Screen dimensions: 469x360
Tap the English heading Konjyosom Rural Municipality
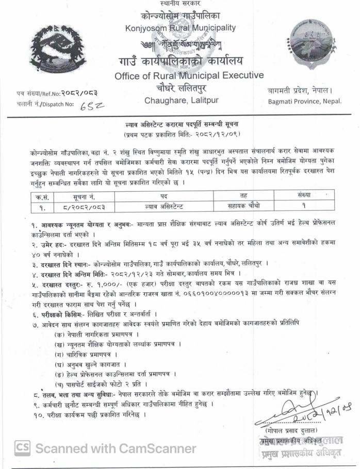(180, 28)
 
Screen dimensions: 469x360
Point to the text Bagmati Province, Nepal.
(305, 101)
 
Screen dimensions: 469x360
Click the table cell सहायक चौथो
(243, 206)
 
